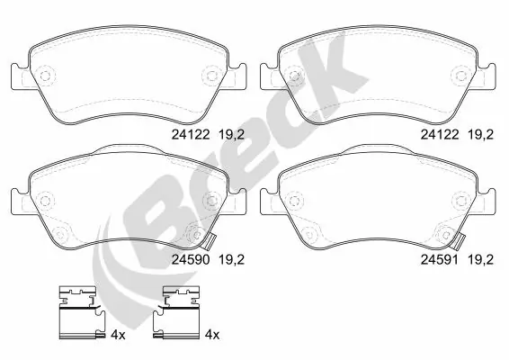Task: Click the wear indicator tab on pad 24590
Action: pos(210,241)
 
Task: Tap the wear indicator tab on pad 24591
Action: pos(460,241)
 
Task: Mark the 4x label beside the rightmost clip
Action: pos(213,335)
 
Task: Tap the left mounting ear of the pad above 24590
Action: pos(18,73)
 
